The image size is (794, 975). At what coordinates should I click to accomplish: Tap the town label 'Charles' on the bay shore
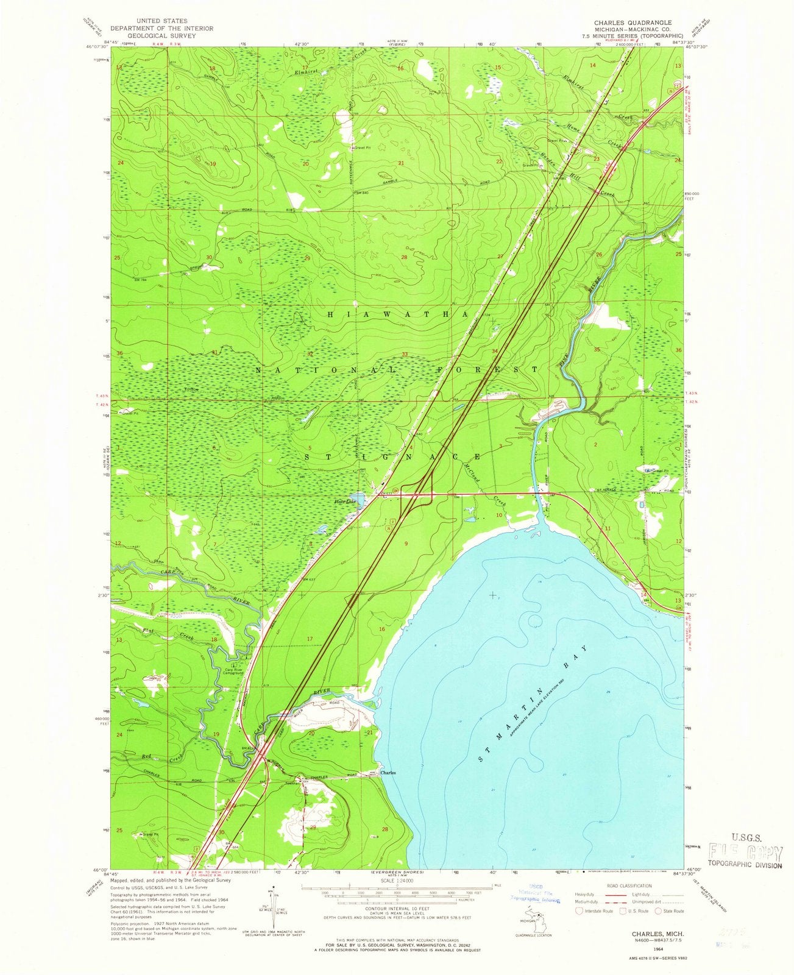click(388, 773)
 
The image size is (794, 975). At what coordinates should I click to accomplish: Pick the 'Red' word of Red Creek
click(146, 756)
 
